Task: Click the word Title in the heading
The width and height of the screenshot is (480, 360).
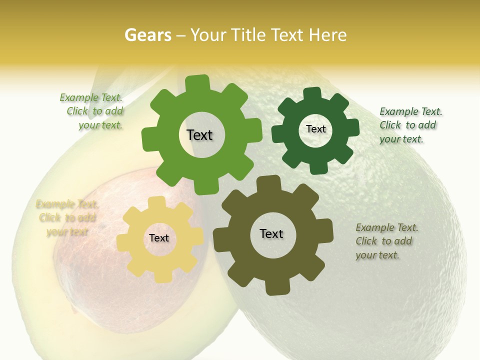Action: [247, 35]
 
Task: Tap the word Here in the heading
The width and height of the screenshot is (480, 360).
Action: [327, 35]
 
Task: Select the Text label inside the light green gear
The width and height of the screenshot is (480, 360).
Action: [199, 135]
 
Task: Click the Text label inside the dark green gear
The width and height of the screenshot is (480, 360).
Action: [315, 129]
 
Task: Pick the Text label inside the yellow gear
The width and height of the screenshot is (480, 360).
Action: [159, 238]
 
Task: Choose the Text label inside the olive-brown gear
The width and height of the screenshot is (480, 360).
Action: [271, 233]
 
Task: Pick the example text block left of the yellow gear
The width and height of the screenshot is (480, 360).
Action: [67, 218]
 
